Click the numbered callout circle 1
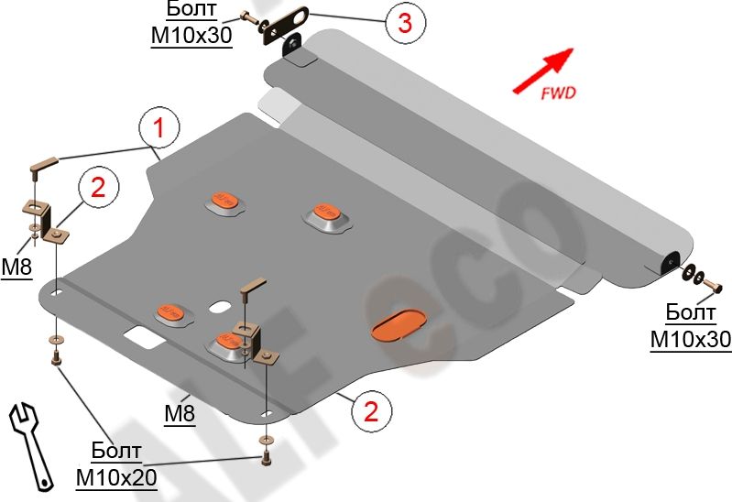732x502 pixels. [x=158, y=130]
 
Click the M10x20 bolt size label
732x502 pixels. [x=116, y=477]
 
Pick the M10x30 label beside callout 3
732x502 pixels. [x=191, y=34]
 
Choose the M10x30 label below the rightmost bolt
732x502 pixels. [x=690, y=339]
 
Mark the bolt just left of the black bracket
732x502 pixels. [x=248, y=17]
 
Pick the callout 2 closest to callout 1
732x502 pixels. [x=97, y=189]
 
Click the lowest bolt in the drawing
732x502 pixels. [x=267, y=455]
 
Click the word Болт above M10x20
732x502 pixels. [x=116, y=451]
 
